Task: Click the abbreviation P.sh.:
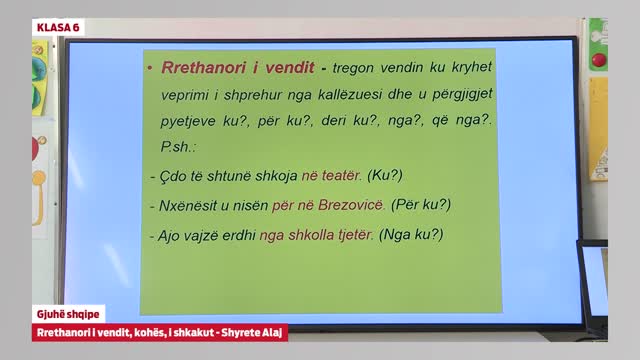tap(178, 146)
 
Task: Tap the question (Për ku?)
tap(421, 205)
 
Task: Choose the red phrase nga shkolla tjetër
tap(316, 236)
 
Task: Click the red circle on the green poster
tap(598, 60)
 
